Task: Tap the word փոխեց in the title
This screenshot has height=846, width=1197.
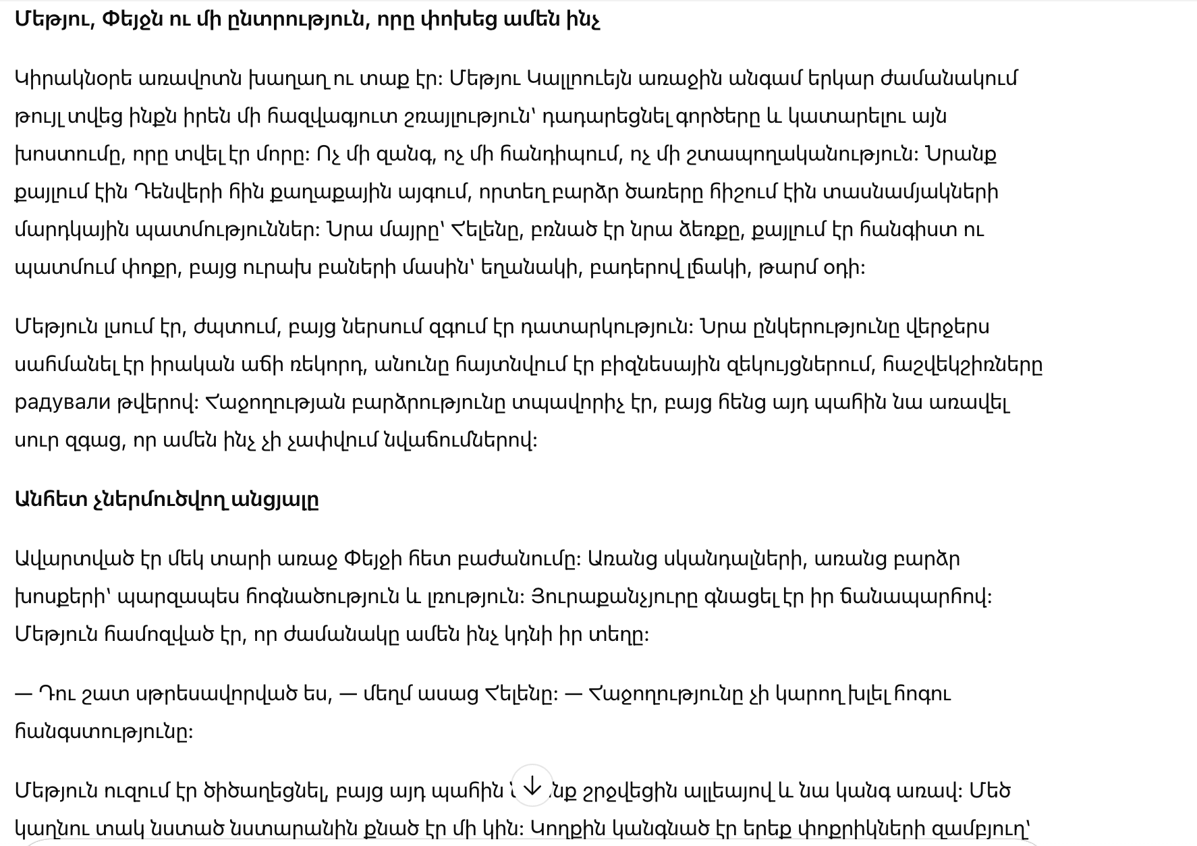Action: click(x=450, y=20)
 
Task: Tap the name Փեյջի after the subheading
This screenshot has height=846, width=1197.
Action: click(x=373, y=559)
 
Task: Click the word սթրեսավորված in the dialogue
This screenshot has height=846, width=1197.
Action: click(x=235, y=694)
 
